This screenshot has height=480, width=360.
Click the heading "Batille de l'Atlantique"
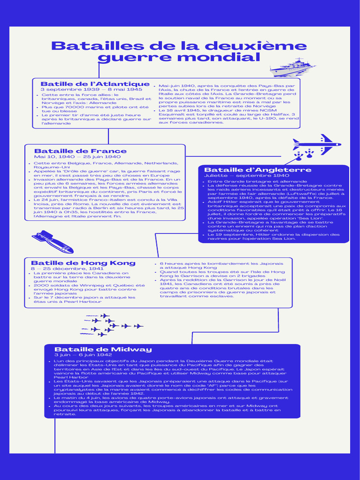click(x=95, y=84)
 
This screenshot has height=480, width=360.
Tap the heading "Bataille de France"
click(x=81, y=151)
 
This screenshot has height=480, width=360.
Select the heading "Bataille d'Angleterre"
click(x=258, y=170)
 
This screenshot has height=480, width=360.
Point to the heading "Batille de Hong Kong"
click(x=83, y=263)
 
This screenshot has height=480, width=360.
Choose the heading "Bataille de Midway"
click(x=103, y=349)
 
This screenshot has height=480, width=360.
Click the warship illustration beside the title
click(x=292, y=67)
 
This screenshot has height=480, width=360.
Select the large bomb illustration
click(x=52, y=242)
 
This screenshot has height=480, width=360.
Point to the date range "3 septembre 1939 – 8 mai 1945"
click(x=91, y=90)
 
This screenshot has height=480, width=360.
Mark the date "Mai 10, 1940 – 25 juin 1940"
click(x=77, y=157)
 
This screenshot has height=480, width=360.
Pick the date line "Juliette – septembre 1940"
click(x=247, y=176)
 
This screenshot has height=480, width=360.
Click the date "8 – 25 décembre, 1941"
click(x=67, y=269)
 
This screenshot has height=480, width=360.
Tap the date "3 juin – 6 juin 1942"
click(x=83, y=355)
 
